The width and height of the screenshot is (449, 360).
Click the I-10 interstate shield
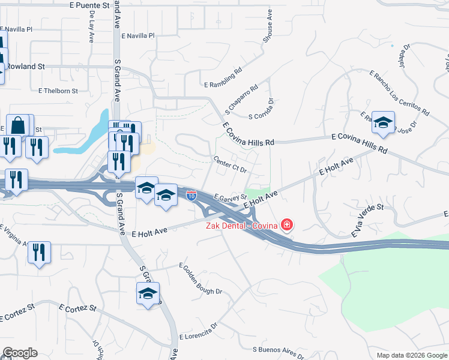tap(191, 196)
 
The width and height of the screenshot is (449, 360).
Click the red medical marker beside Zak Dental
tap(287, 226)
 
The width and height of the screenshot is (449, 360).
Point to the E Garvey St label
tap(230, 196)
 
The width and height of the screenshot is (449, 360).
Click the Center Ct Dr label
tap(231, 164)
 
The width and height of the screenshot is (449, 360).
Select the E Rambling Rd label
tap(221, 76)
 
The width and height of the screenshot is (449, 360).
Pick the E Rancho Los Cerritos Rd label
tap(400, 94)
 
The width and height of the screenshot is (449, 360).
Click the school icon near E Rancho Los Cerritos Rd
tap(383, 123)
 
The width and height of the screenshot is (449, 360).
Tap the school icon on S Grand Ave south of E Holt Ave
tap(148, 293)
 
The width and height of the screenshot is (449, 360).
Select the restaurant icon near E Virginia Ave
tap(39, 253)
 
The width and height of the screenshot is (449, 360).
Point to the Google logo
tap(20, 352)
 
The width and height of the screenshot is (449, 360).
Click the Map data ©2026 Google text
tap(411, 355)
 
